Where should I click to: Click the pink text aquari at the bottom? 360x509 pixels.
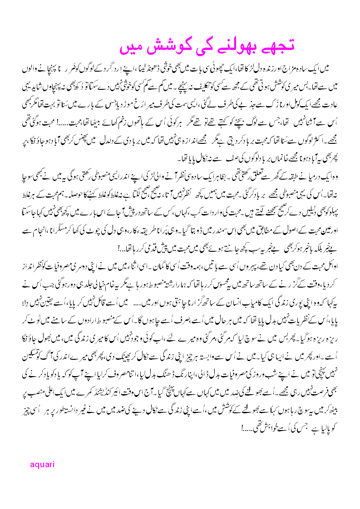42,464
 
